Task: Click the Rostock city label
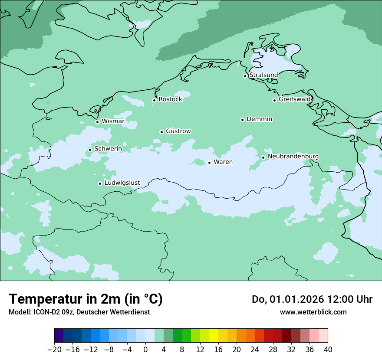(x=170, y=99)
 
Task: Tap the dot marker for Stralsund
(x=245, y=76)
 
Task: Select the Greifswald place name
(x=295, y=99)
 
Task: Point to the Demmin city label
(x=259, y=119)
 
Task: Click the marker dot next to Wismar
(x=97, y=122)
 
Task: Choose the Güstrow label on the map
(x=178, y=131)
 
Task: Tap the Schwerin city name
(x=108, y=149)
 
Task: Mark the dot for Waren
(x=209, y=163)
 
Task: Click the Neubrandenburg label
(x=293, y=156)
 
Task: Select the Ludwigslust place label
(x=122, y=183)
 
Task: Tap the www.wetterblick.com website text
(x=313, y=312)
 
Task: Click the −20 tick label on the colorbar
(x=54, y=349)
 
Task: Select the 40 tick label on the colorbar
(x=328, y=349)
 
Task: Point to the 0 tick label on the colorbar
(x=145, y=349)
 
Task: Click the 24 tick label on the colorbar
(x=255, y=349)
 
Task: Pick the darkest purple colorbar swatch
(x=59, y=336)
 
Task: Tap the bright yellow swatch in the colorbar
(x=214, y=336)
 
